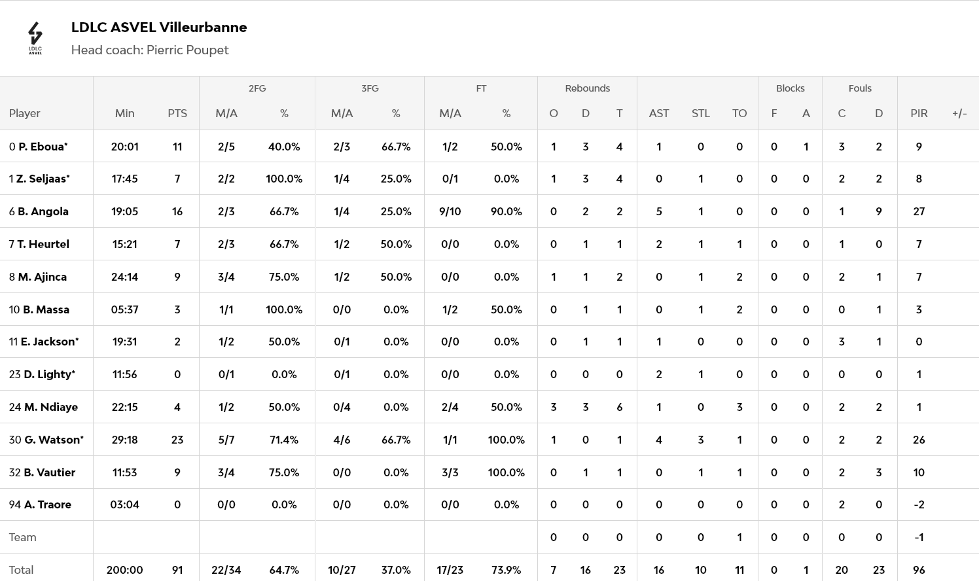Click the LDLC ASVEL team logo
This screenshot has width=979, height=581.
35,38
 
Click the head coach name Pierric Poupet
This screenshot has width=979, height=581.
187,50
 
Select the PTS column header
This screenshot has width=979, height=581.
177,113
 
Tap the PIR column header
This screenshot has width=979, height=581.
919,113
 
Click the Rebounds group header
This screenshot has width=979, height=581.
587,88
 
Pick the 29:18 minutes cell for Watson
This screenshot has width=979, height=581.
124,440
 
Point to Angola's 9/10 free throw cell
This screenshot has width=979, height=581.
450,211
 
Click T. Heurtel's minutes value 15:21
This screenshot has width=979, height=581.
124,244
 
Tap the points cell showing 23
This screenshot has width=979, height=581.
177,440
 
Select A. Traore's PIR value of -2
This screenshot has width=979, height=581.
919,504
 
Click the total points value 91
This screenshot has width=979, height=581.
177,570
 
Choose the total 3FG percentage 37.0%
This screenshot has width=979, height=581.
395,570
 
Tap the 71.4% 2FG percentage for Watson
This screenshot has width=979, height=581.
284,440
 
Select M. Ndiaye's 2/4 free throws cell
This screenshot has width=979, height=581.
450,407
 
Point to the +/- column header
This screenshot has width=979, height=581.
959,113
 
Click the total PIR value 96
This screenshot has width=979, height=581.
919,570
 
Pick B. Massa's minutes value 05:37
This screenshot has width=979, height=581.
124,309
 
